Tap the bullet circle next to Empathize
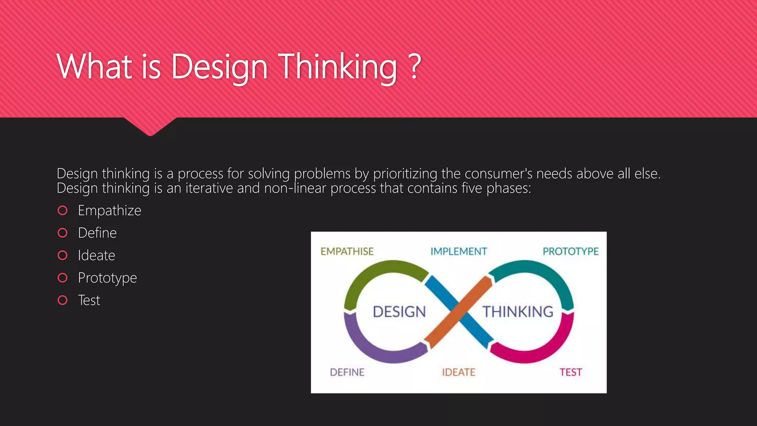pyautogui.click(x=63, y=210)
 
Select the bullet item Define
pyautogui.click(x=97, y=233)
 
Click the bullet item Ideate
pyautogui.click(x=96, y=256)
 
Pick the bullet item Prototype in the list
pyautogui.click(x=107, y=278)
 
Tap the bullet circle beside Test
pyautogui.click(x=63, y=300)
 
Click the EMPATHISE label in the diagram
pyautogui.click(x=347, y=251)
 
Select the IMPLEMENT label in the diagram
pyautogui.click(x=459, y=251)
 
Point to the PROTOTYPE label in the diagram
pyautogui.click(x=570, y=251)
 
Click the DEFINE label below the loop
pyautogui.click(x=347, y=372)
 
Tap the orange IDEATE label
pyautogui.click(x=459, y=372)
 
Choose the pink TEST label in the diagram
pyautogui.click(x=570, y=372)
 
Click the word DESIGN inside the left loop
pyautogui.click(x=399, y=312)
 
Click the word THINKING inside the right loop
pyautogui.click(x=518, y=312)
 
